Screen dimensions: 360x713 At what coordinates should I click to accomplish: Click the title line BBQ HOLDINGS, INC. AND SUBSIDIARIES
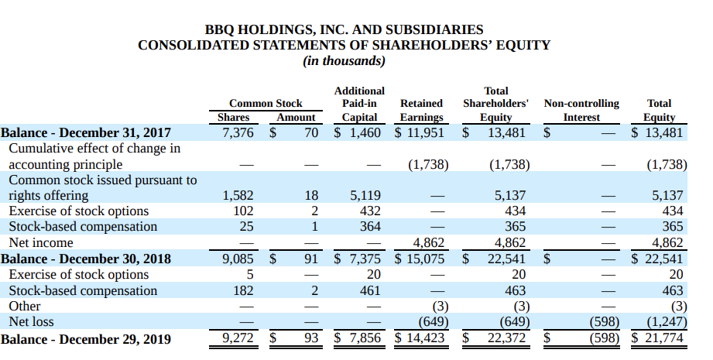coord(345,29)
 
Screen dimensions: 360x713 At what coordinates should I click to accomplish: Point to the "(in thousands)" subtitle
coord(345,60)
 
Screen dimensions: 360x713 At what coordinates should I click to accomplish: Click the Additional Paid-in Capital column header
coord(359,104)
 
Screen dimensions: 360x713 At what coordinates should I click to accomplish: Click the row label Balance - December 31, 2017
coord(86,132)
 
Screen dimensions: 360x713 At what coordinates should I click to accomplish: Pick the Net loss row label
coord(32,321)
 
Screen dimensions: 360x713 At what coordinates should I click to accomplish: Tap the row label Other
coord(25,306)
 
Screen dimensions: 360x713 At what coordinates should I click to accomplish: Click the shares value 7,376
coord(238,132)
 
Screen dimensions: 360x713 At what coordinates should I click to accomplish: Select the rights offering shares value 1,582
coord(238,196)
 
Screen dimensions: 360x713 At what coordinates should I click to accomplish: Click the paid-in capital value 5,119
coord(365,196)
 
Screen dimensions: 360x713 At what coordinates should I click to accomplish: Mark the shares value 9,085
coord(238,259)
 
